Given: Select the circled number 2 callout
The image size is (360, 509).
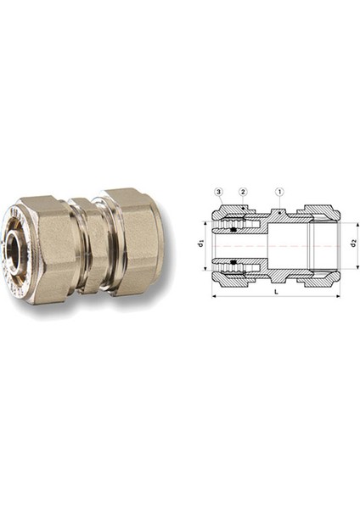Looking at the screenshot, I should tap(243, 193).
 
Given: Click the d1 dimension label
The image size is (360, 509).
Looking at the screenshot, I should tap(201, 245).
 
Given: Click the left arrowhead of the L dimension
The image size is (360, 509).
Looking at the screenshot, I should tap(213, 297).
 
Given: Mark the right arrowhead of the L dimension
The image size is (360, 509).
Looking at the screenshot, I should tap(339, 297).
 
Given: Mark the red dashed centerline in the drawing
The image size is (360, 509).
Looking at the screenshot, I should tap(280, 247).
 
